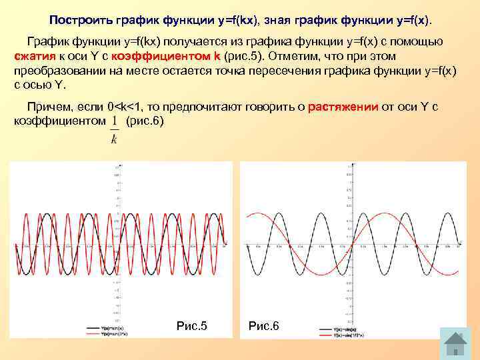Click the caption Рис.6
click(264, 326)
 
